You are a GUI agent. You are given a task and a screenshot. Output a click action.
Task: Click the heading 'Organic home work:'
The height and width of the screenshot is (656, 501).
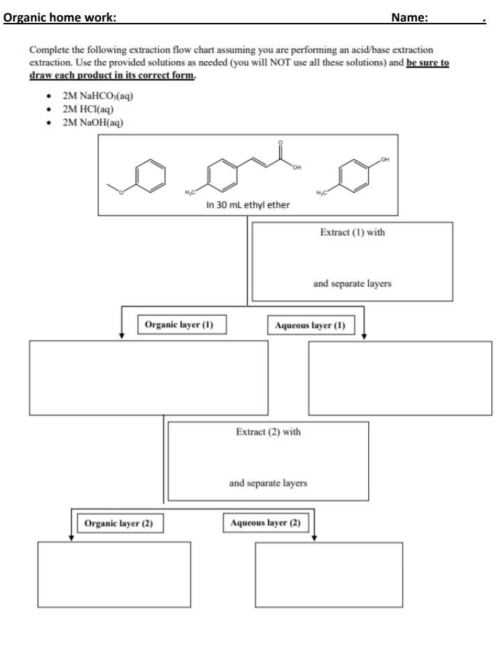click(x=60, y=17)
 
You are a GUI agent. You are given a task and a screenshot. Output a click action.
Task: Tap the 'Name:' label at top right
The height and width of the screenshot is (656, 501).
click(x=409, y=17)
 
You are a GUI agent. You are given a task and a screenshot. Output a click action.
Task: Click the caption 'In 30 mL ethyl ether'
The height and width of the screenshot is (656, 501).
click(x=248, y=205)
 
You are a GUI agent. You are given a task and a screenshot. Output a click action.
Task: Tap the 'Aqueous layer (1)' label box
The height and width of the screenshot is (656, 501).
click(x=310, y=325)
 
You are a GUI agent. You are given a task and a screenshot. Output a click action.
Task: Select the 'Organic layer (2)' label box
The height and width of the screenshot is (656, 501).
click(x=118, y=523)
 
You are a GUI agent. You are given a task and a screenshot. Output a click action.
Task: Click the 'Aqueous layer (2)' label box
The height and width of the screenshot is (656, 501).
click(x=265, y=523)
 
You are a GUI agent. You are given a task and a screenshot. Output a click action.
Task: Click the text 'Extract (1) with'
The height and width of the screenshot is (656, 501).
click(x=352, y=233)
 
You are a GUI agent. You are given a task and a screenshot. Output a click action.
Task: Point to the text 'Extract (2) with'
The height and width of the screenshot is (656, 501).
click(x=268, y=432)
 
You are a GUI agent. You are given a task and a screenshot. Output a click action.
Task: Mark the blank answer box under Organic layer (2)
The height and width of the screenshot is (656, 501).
click(x=114, y=574)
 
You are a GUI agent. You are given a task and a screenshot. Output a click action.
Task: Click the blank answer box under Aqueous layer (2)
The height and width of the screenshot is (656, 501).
click(x=328, y=574)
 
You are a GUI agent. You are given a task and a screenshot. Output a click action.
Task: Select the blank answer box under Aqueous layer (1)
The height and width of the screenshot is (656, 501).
click(x=399, y=378)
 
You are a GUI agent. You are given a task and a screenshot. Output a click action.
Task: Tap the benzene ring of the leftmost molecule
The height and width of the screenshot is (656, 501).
click(x=150, y=175)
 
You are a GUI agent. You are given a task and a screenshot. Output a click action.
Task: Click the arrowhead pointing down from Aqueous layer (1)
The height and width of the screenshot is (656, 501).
click(x=364, y=336)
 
